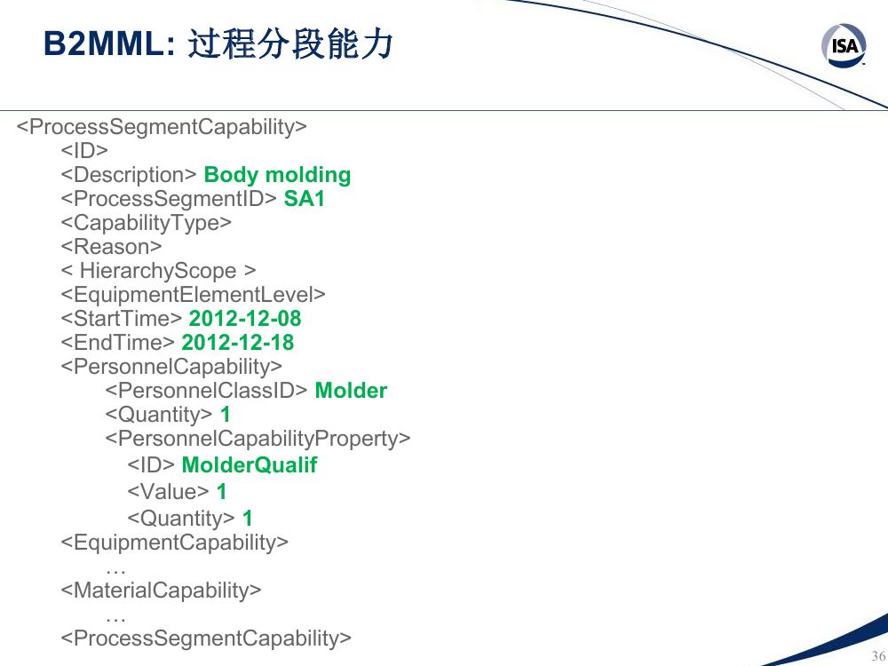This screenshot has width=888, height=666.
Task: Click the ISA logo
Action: point(844,44)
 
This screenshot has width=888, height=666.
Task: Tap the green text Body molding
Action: point(277,174)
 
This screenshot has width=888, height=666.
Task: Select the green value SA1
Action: point(304,199)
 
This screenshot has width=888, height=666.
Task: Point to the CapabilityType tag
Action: point(147,223)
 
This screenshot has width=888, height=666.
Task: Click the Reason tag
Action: point(111,246)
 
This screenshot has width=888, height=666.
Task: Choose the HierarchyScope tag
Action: point(158,271)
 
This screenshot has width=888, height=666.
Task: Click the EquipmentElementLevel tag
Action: point(193,295)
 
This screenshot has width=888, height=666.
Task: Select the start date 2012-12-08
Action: point(245,318)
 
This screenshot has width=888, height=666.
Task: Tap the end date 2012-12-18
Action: point(237,343)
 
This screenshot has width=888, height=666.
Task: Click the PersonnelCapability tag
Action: point(171,367)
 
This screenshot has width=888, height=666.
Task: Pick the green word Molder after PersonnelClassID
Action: point(351,390)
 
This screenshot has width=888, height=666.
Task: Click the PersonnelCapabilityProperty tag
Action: point(258,439)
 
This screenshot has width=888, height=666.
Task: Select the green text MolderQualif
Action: point(250,465)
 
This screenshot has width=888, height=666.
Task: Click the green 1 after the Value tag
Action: point(221,491)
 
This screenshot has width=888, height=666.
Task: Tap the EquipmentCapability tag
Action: point(174,542)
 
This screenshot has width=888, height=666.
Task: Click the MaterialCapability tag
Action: point(161,591)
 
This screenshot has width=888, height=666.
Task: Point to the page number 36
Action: point(878,655)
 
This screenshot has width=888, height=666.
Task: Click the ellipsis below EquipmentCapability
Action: point(115,571)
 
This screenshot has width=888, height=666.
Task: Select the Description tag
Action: point(129,174)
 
